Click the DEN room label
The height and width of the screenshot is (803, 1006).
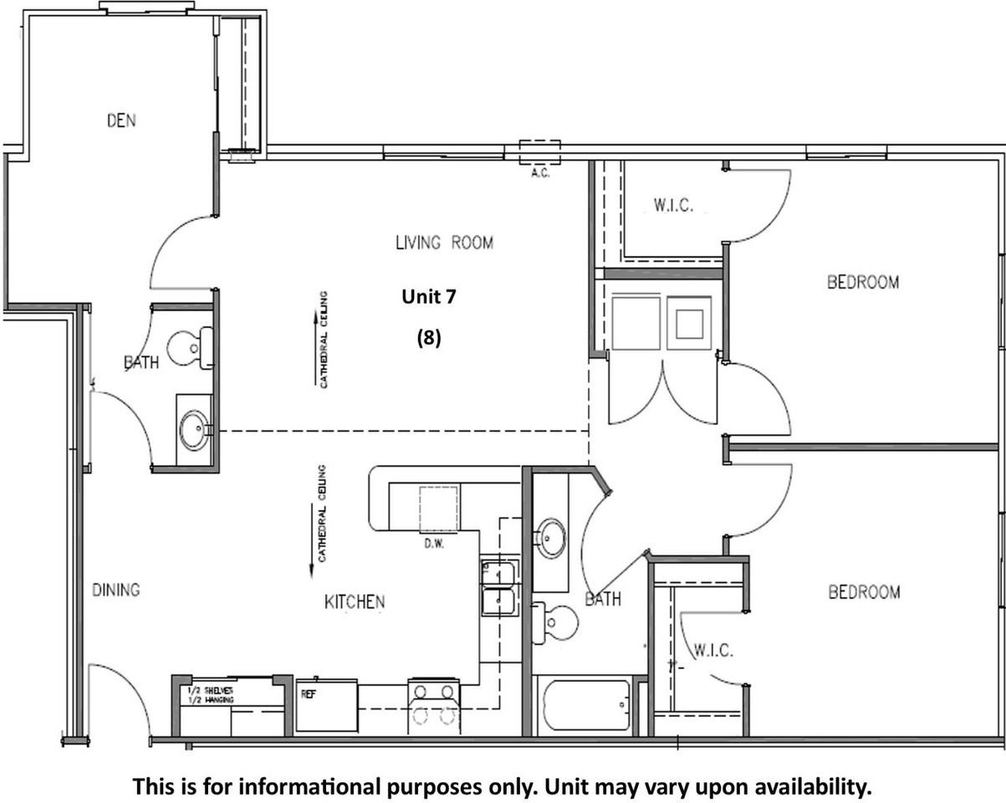pyautogui.click(x=121, y=120)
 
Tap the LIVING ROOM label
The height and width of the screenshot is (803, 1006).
pyautogui.click(x=444, y=243)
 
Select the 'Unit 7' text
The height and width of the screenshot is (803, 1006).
pyautogui.click(x=428, y=296)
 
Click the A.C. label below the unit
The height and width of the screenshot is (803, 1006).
pyautogui.click(x=539, y=174)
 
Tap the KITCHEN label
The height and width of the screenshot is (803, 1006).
pyautogui.click(x=355, y=601)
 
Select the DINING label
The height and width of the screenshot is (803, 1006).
pyautogui.click(x=115, y=590)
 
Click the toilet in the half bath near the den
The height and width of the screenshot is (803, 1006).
pyautogui.click(x=191, y=348)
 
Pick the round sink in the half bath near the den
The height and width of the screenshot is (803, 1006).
pyautogui.click(x=195, y=430)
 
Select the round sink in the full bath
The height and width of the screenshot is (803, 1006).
pyautogui.click(x=550, y=537)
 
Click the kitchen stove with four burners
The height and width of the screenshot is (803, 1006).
pyautogui.click(x=433, y=704)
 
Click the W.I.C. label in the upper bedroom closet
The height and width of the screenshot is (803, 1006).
pyautogui.click(x=673, y=206)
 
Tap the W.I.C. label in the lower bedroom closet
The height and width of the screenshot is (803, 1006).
pyautogui.click(x=713, y=650)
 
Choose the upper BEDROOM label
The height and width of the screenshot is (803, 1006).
pyautogui.click(x=863, y=282)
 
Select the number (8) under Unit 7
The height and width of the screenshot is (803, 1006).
pyautogui.click(x=428, y=337)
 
